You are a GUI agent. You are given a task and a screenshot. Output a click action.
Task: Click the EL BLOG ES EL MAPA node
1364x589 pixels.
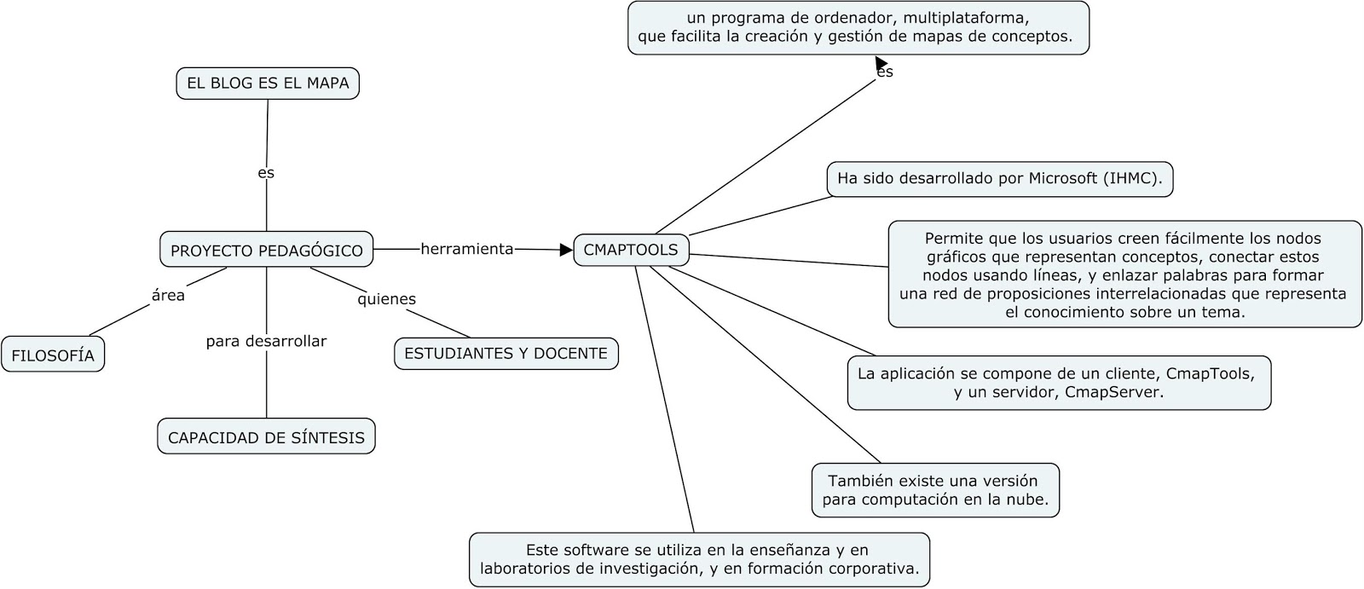[268, 84]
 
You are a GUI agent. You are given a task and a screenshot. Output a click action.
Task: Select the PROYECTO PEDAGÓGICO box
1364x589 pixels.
[266, 250]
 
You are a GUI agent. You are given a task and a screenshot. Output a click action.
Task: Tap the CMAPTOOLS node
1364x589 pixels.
[631, 250]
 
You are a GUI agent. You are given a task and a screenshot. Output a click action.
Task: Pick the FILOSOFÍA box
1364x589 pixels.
[53, 355]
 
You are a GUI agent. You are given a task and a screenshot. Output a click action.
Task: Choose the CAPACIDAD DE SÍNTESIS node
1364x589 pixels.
[266, 437]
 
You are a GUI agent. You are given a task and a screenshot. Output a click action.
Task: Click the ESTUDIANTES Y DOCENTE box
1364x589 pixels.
[506, 353]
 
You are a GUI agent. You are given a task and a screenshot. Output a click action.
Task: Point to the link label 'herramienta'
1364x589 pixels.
[467, 249]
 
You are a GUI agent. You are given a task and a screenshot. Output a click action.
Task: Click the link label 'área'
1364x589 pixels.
[168, 296]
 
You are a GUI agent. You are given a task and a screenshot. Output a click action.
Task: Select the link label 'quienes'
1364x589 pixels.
[386, 298]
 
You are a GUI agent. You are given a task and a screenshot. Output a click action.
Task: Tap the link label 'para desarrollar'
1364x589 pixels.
[266, 341]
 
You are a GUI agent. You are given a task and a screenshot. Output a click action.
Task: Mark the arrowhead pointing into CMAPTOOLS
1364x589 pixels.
[566, 250]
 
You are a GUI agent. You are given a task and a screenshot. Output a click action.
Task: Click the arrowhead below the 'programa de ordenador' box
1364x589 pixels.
[881, 62]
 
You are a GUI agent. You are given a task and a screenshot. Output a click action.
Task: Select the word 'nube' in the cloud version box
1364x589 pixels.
[1030, 499]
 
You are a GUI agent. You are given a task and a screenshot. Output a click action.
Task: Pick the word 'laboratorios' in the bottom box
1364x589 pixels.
[523, 568]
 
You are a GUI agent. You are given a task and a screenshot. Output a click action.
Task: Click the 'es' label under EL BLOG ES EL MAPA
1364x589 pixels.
[266, 172]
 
